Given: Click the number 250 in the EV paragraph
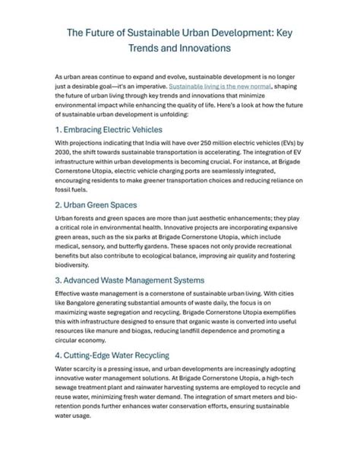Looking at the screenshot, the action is pyautogui.click(x=209, y=143).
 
